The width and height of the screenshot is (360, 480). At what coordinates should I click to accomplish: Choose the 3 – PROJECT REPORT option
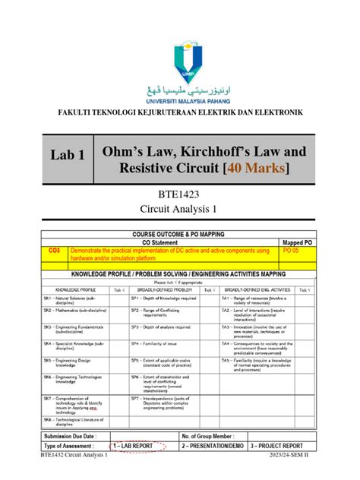tap(281, 446)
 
